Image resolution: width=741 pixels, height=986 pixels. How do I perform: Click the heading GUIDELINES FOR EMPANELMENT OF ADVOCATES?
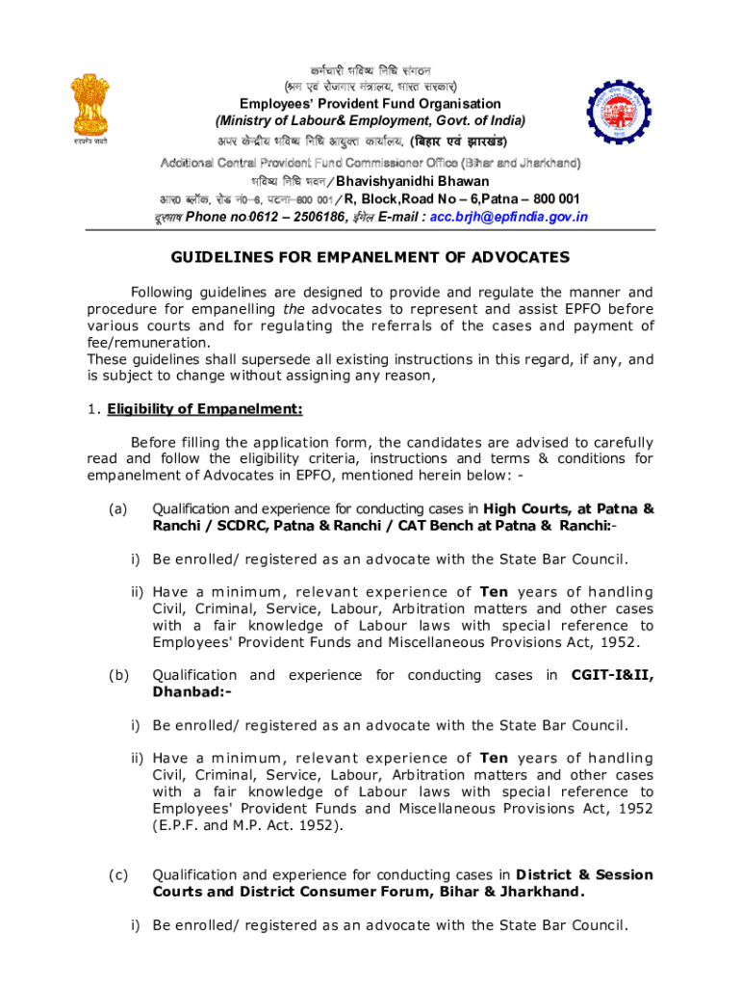pyautogui.click(x=370, y=258)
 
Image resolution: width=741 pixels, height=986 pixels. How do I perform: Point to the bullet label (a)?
pyautogui.click(x=116, y=508)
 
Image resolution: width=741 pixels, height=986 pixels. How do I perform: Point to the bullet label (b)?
pyautogui.click(x=116, y=675)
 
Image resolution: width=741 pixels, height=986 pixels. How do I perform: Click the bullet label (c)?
pyautogui.click(x=116, y=874)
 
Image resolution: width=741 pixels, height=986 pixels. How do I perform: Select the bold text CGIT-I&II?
pyautogui.click(x=612, y=675)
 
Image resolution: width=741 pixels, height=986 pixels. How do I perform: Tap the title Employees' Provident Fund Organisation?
pyautogui.click(x=370, y=103)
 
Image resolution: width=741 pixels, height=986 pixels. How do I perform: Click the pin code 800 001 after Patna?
pyautogui.click(x=551, y=199)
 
